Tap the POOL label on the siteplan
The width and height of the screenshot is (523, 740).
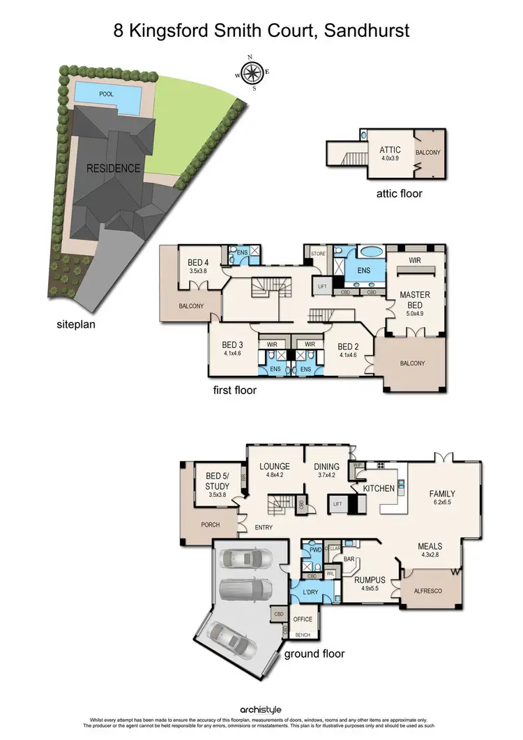coord(106,93)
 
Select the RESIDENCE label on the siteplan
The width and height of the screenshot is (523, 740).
coord(114,168)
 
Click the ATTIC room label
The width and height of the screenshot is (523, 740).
coord(389,150)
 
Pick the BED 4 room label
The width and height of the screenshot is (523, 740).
coord(199,263)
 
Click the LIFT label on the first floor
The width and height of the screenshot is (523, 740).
coord(322,287)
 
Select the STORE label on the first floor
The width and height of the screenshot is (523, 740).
coord(318,254)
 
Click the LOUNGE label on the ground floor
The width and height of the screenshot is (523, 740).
coord(275,467)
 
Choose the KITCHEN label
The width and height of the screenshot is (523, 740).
coord(379,488)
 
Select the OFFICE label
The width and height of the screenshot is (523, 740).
coord(303,619)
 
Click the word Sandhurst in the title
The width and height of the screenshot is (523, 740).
coord(365,31)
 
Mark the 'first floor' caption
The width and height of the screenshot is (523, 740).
coord(234,391)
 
